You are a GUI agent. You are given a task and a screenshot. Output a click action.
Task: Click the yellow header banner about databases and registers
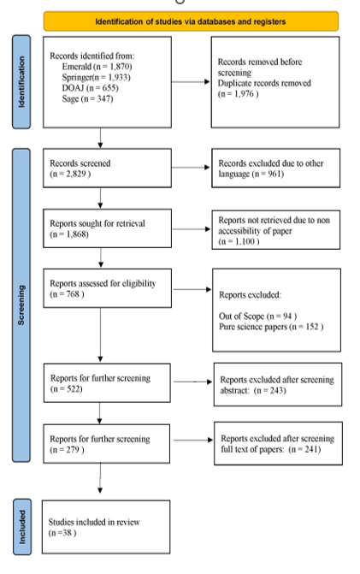[x=191, y=21]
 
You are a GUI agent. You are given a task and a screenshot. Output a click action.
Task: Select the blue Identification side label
[x=21, y=82]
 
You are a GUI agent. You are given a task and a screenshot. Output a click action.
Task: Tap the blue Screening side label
[x=21, y=305]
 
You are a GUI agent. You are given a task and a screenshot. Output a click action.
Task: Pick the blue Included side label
[x=22, y=527]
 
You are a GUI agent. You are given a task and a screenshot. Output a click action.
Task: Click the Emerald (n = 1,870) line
[x=97, y=67]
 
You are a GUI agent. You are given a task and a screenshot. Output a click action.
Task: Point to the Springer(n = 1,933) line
[x=97, y=77]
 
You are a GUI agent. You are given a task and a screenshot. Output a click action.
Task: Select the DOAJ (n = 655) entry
[x=91, y=88]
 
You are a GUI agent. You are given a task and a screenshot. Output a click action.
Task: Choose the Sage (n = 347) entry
[x=87, y=98]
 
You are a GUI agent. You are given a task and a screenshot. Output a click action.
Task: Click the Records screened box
[x=107, y=168]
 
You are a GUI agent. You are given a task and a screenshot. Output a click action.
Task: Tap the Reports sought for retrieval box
[x=107, y=228]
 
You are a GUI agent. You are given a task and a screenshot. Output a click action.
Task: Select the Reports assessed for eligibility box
[x=107, y=288]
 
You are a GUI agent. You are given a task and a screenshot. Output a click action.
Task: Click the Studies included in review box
[x=106, y=527]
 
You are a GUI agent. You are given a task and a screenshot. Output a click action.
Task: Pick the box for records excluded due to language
[x=276, y=168]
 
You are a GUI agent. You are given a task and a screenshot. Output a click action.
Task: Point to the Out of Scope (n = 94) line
[x=257, y=316]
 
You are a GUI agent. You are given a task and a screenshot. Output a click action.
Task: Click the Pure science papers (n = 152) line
[x=271, y=327]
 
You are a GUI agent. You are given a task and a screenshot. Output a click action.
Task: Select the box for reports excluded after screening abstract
[x=278, y=384]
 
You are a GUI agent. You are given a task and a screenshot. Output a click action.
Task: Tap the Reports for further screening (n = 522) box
[x=107, y=383]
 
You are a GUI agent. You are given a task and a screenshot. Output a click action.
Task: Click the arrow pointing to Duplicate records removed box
[x=191, y=81]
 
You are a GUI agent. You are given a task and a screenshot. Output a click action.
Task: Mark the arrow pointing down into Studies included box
[x=100, y=478]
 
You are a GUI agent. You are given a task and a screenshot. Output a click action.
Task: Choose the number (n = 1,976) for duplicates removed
[x=239, y=94]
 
